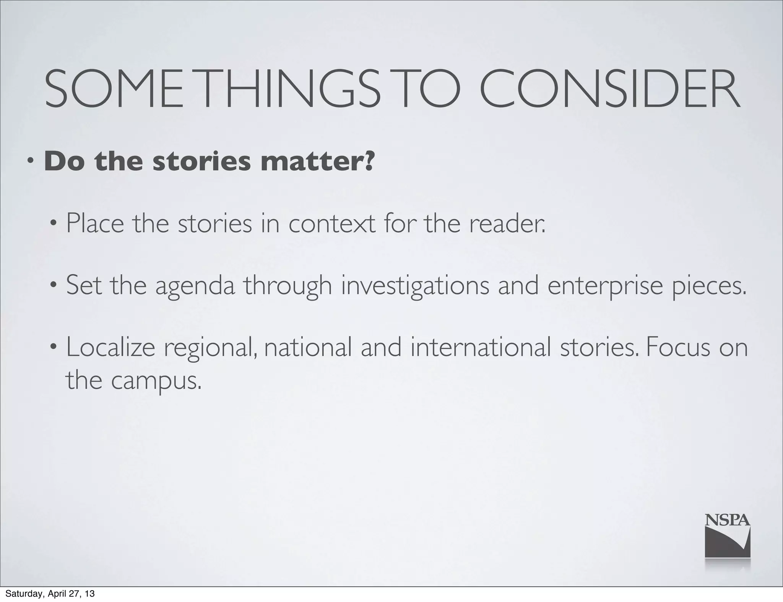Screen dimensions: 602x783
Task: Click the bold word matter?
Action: (x=317, y=162)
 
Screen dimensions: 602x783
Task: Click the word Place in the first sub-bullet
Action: (x=95, y=223)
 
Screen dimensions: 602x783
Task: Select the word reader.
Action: (x=507, y=223)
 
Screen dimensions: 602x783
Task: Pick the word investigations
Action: (x=415, y=286)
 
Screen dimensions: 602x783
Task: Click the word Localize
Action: (x=110, y=348)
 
